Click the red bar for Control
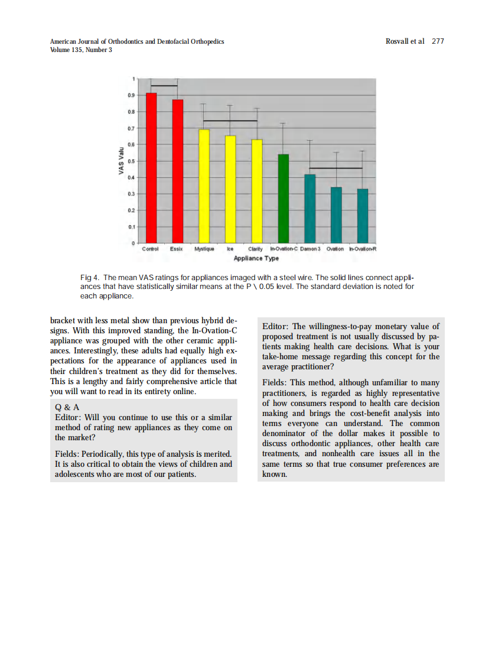tap(151, 168)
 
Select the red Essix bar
tap(177, 171)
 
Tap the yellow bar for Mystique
tap(204, 186)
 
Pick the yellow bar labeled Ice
tap(230, 189)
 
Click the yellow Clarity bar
tap(257, 191)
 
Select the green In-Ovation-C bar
tap(284, 199)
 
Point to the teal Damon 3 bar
tap(310, 209)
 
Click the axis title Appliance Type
tap(256, 258)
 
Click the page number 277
tap(438, 41)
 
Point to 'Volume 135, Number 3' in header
tap(81, 50)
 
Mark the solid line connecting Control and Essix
tap(164, 86)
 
